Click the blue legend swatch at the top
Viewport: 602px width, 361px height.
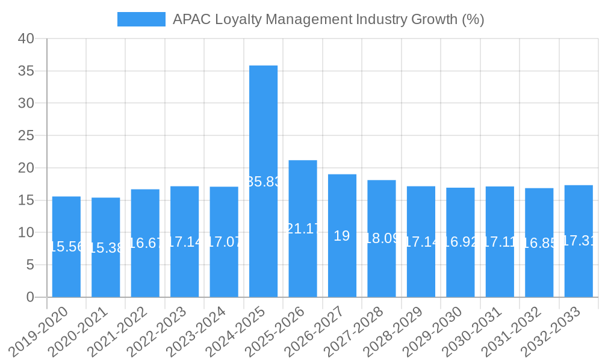point(141,19)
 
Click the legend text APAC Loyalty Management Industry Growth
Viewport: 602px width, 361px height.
point(328,19)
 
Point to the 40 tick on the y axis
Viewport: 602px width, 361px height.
point(26,39)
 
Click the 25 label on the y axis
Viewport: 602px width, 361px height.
point(26,136)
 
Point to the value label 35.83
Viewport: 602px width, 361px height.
point(263,182)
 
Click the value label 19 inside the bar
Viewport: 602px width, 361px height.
point(342,236)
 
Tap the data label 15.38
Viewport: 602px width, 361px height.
point(106,248)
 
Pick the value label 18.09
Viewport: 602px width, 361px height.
point(382,238)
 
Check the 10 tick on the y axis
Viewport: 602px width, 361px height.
point(26,233)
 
